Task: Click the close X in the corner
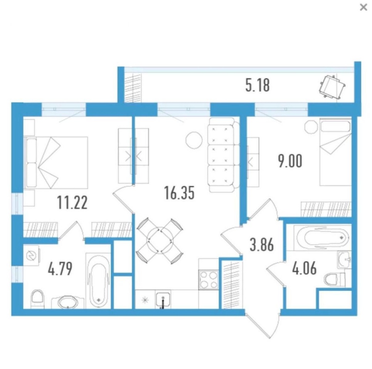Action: (x=364, y=7)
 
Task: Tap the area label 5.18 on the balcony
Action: (x=257, y=85)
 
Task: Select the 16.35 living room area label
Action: (x=179, y=193)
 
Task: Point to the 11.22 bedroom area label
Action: (x=72, y=203)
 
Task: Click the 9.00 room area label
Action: (x=290, y=161)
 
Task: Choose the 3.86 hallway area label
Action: (x=262, y=245)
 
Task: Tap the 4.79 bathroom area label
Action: (x=60, y=269)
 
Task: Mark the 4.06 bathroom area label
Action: (x=304, y=269)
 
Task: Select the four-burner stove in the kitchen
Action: (x=209, y=280)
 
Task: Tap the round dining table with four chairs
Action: (x=160, y=240)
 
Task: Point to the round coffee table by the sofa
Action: (x=194, y=140)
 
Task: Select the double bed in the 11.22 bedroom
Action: (x=56, y=163)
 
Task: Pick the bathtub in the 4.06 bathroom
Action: (x=322, y=238)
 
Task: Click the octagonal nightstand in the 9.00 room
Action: (x=311, y=127)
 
